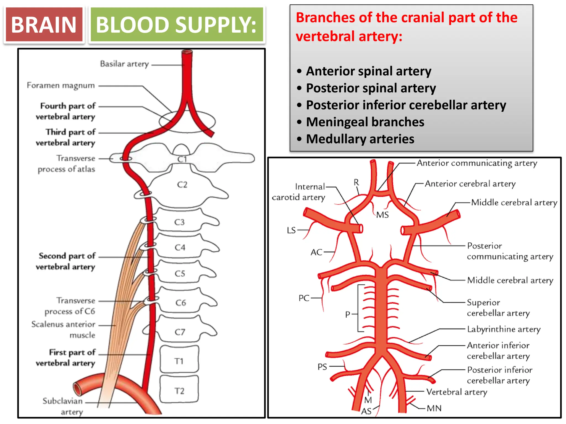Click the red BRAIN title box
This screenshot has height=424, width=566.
44,25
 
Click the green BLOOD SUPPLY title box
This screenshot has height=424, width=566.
176,25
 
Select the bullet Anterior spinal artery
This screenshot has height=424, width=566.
368,71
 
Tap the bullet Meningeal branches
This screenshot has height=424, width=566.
365,122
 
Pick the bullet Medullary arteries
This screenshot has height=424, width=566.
360,139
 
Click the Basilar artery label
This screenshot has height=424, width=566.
124,64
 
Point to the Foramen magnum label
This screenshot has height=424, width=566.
61,86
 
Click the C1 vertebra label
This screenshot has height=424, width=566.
182,159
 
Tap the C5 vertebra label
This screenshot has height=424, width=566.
180,274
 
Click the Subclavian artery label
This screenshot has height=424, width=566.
63,406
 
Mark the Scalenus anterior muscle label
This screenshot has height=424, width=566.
64,329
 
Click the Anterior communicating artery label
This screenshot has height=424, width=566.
477,163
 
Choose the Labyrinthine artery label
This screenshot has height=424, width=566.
504,329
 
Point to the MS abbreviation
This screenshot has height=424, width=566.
382,215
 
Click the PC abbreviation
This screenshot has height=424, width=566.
304,298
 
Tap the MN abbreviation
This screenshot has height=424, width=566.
434,408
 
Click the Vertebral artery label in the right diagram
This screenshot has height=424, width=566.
457,392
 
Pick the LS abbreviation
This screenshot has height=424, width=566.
291,230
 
